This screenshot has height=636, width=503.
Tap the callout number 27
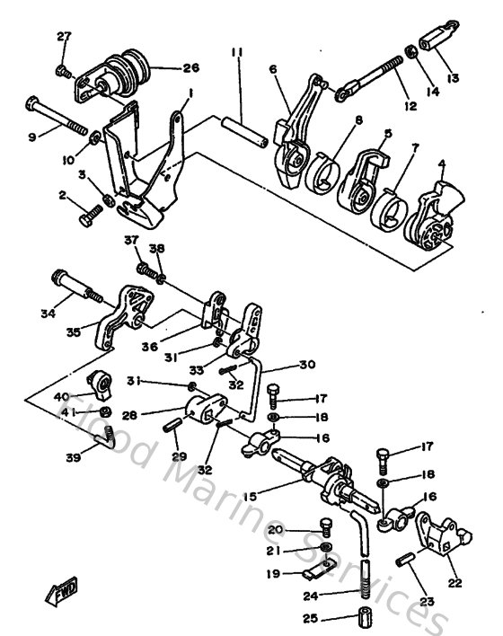coord(63,36)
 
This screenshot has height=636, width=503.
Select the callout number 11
coord(236,54)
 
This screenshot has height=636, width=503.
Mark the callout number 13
coord(452,79)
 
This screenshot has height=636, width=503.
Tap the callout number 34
coord(49,314)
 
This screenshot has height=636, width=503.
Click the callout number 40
coord(62,397)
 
